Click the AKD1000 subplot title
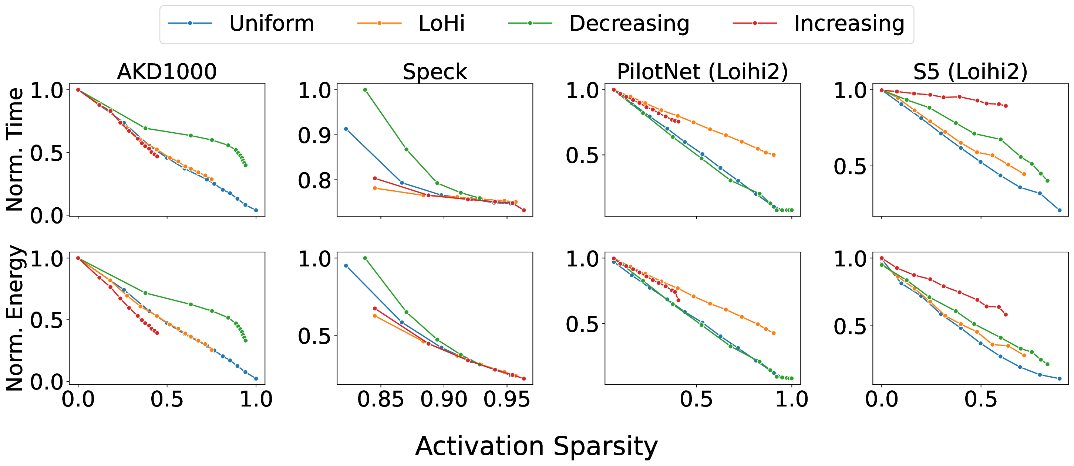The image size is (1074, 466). [x=167, y=72]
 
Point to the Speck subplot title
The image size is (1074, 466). [x=434, y=72]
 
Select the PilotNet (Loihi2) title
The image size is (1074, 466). [x=702, y=72]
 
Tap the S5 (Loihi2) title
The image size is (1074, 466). [x=970, y=72]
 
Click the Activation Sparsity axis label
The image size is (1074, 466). [x=536, y=446]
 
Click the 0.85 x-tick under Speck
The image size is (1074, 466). [x=380, y=399]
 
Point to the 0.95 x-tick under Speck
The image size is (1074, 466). [x=506, y=399]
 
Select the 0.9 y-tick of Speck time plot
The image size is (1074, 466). [x=314, y=135]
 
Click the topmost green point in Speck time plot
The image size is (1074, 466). [x=365, y=89]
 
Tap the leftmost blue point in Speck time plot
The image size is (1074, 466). [x=346, y=129]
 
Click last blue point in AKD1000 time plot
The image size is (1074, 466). [x=256, y=210]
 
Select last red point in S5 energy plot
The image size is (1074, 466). [x=1006, y=314]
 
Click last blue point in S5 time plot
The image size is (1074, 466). [x=1060, y=210]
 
